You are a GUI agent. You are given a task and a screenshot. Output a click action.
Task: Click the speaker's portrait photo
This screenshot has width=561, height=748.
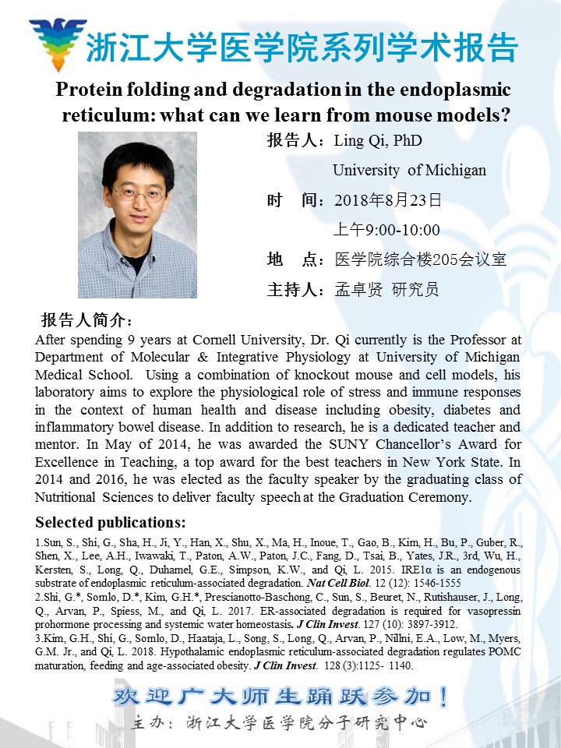137,214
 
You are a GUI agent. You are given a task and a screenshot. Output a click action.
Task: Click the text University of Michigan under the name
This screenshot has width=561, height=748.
409,170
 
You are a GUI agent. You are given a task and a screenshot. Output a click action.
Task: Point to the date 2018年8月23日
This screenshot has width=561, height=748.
388,200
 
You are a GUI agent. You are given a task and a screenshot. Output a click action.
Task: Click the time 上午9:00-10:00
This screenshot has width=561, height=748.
386,230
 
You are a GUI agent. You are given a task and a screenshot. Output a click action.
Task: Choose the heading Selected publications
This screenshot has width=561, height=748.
111,522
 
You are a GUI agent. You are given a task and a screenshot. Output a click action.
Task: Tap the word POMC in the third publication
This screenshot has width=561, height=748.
503,651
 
